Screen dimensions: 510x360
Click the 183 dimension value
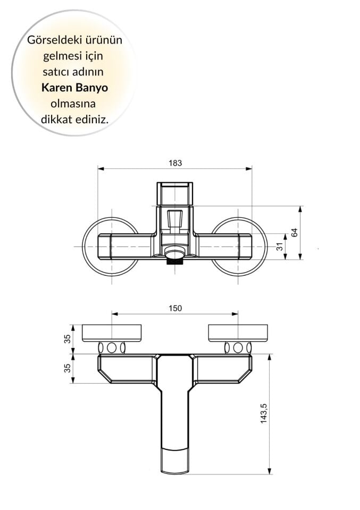click(x=175, y=163)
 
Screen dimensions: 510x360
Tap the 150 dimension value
click(x=175, y=308)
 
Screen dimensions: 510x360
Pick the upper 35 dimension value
click(x=68, y=339)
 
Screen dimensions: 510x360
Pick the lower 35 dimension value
click(x=68, y=368)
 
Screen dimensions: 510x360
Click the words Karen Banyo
click(x=74, y=88)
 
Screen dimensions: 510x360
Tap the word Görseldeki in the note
click(x=52, y=40)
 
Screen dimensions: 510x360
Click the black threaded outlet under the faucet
click(x=174, y=260)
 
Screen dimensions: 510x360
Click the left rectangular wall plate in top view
click(x=112, y=333)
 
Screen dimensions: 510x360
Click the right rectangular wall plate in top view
click(x=238, y=333)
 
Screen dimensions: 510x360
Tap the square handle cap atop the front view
click(x=175, y=193)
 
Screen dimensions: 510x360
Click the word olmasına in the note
click(x=74, y=104)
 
